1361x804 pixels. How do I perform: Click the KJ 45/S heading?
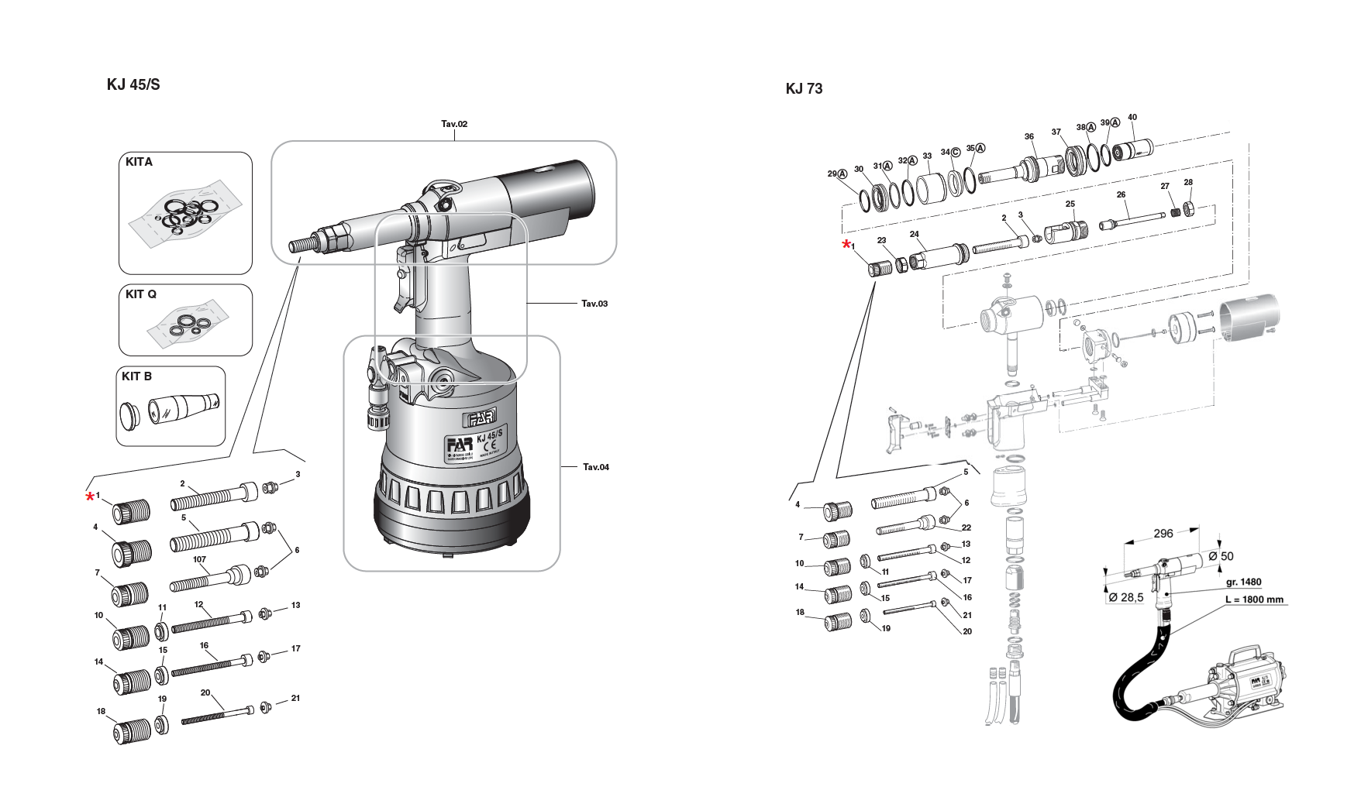coord(133,84)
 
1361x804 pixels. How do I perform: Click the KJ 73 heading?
coord(804,88)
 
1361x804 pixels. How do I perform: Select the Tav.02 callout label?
coord(454,124)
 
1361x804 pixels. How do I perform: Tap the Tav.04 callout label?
coord(595,467)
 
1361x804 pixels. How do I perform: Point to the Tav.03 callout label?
coord(594,304)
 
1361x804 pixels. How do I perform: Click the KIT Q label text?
coord(141,294)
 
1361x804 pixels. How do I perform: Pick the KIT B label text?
coord(137,376)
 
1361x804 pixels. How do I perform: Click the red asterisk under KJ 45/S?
coord(90,497)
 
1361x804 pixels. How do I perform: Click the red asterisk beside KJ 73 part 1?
coord(846,246)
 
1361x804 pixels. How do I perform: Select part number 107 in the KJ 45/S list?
coord(199,559)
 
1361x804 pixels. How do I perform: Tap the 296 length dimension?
coord(1163,533)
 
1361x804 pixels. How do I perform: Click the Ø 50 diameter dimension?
coord(1221,556)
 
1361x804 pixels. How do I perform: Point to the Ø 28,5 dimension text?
coord(1125,597)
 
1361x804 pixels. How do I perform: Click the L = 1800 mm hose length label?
coord(1254,600)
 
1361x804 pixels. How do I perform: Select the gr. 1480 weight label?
coord(1243,582)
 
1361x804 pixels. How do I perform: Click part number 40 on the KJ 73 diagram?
coord(1132,118)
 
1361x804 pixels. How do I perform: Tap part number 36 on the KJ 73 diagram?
coord(1029,136)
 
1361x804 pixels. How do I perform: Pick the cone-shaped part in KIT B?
coord(184,407)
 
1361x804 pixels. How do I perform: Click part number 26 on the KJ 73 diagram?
coord(1121,195)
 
